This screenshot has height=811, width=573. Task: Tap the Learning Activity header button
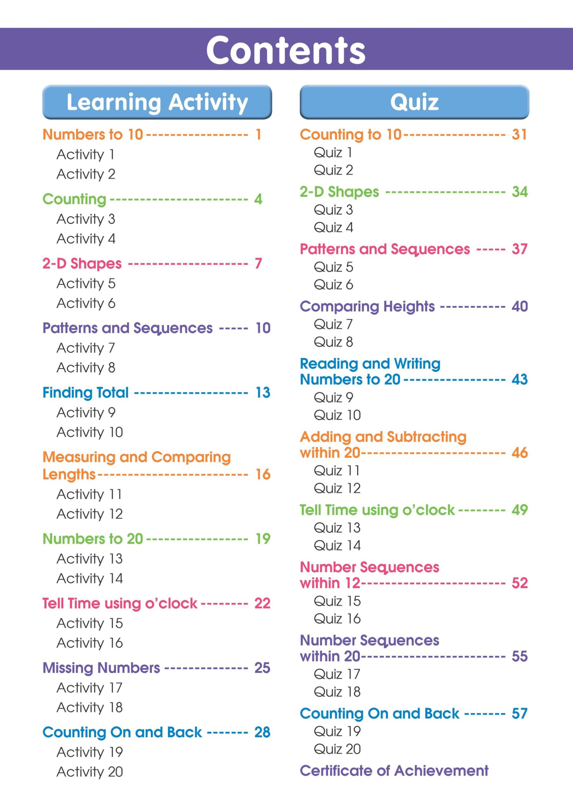[x=157, y=102]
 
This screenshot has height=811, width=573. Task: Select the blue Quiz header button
[x=414, y=102]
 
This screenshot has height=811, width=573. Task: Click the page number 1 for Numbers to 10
[x=258, y=135]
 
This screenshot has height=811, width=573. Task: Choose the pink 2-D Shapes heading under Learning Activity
[x=82, y=264]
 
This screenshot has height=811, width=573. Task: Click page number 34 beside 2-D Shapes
[x=519, y=192]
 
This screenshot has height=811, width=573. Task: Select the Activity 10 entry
[x=89, y=432]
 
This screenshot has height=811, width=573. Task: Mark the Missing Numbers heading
[x=101, y=668]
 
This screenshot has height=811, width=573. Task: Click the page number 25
[x=262, y=668]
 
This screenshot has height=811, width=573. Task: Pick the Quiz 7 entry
[x=333, y=324]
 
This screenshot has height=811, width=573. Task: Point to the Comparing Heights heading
[x=367, y=307]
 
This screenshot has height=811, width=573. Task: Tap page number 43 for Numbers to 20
[x=519, y=379]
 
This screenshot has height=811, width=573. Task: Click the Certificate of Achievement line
[x=394, y=771]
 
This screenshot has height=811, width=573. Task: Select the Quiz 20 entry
[x=337, y=749]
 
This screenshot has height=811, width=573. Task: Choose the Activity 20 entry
[x=89, y=772]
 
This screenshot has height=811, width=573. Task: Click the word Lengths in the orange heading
[x=69, y=474]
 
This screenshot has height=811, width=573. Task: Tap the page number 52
[x=519, y=583]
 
